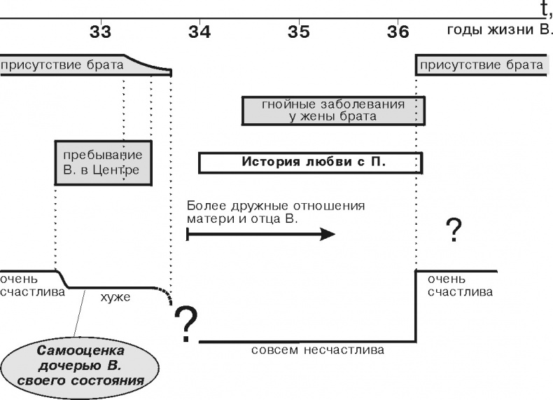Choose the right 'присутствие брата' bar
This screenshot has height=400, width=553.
(480, 66)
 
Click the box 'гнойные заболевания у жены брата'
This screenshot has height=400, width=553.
(332, 111)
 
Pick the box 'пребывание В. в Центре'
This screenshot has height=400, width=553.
(103, 162)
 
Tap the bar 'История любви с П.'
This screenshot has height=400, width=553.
(310, 163)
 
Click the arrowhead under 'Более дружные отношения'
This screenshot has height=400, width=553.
(327, 234)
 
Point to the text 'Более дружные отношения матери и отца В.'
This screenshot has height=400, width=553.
(276, 212)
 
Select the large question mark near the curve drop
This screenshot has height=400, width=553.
(185, 324)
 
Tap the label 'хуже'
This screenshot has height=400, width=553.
(116, 298)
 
